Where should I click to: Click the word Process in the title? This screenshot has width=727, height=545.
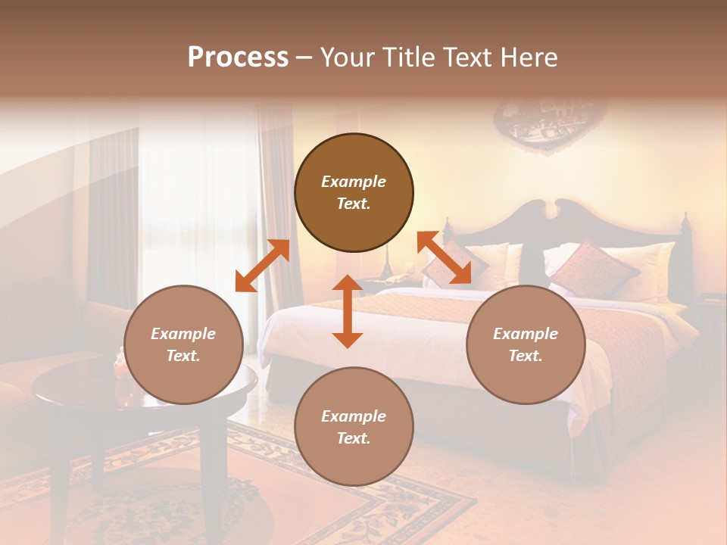pyautogui.click(x=238, y=58)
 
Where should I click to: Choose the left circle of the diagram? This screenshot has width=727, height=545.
pyautogui.click(x=183, y=344)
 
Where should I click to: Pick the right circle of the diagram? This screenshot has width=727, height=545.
pyautogui.click(x=526, y=344)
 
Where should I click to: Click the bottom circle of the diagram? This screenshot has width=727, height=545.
pyautogui.click(x=354, y=427)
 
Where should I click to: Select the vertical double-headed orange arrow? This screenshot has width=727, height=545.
pyautogui.click(x=348, y=311)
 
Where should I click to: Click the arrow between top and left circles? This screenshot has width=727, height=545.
pyautogui.click(x=262, y=266)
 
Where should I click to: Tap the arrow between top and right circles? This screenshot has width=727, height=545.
pyautogui.click(x=444, y=258)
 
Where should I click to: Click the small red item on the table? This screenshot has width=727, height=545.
pyautogui.click(x=119, y=367)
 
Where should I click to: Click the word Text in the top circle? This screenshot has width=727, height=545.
pyautogui.click(x=354, y=204)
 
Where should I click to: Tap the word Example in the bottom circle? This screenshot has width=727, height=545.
pyautogui.click(x=354, y=416)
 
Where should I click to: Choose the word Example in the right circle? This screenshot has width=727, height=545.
pyautogui.click(x=526, y=333)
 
